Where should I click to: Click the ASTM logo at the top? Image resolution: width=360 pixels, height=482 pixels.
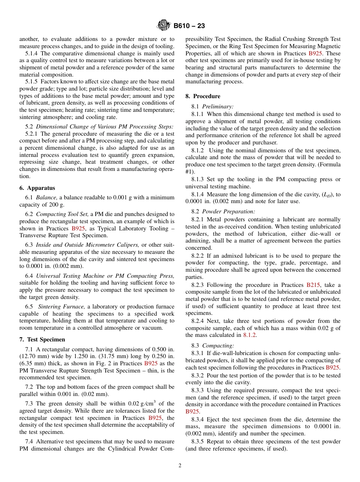click(x=164, y=26)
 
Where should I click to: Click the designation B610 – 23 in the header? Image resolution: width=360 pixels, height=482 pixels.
click(x=189, y=26)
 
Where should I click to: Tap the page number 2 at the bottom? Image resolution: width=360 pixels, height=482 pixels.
click(x=180, y=466)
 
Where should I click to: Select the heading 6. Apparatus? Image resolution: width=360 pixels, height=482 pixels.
click(x=37, y=188)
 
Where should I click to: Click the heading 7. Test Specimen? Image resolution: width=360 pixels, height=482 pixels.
click(x=42, y=340)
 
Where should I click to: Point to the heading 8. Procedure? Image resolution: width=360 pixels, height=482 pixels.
click(x=203, y=96)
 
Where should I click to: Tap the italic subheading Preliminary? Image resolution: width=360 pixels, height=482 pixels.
click(x=218, y=106)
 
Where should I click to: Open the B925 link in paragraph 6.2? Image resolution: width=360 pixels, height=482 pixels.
click(x=78, y=228)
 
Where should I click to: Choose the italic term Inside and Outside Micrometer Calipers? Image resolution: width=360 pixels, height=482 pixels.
click(x=88, y=245)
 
